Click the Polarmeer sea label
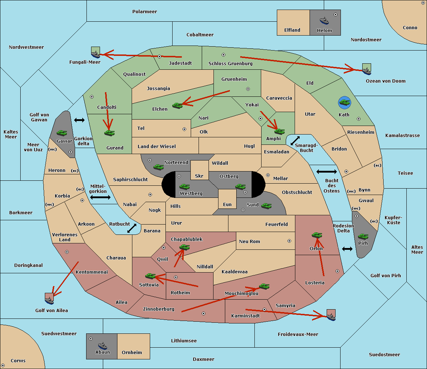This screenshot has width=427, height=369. [144, 12]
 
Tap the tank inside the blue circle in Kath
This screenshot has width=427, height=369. [344, 103]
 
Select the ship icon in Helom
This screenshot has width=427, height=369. [324, 21]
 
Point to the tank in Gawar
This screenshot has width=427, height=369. [62, 133]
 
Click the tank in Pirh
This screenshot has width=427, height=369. [363, 237]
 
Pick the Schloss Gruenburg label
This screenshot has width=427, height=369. [230, 64]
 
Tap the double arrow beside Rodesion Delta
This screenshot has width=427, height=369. [347, 249]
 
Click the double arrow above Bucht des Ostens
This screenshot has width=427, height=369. [326, 172]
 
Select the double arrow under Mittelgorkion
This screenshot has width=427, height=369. [100, 197]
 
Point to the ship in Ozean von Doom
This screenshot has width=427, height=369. [366, 70]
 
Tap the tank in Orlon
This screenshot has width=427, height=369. [317, 235]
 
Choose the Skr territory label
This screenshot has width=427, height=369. [199, 176]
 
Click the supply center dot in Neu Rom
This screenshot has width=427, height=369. [289, 241]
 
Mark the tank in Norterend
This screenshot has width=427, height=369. [158, 167]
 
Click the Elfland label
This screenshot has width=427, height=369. [292, 30]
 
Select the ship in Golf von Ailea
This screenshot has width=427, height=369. [49, 300]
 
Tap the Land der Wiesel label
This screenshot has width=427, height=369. [157, 146]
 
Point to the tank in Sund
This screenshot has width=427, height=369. [266, 206]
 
